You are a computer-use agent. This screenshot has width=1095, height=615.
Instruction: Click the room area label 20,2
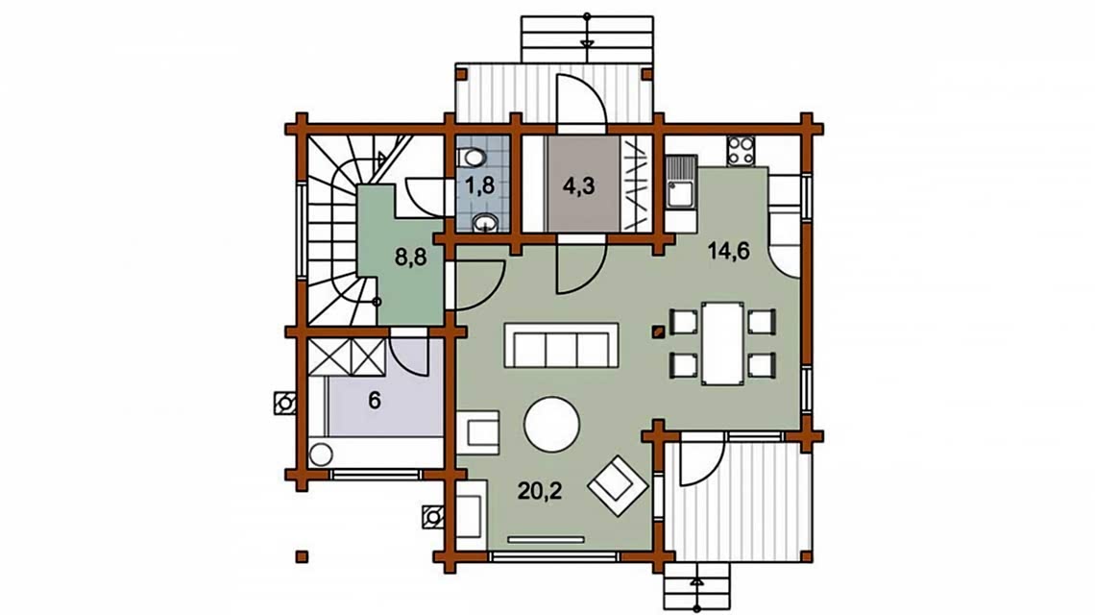pos(540,491)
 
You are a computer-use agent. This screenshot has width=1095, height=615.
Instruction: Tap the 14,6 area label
pos(729,250)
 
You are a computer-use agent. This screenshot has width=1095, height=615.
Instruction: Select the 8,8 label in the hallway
pos(411,258)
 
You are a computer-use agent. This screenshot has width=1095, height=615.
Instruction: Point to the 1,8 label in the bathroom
pos(480,185)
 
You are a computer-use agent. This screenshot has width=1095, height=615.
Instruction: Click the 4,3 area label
pos(579,186)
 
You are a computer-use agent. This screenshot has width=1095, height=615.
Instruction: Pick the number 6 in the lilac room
pos(375,401)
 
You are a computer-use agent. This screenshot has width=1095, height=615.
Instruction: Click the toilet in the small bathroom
pos(474,158)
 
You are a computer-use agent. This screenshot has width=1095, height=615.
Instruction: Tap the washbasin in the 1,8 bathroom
pos(484,223)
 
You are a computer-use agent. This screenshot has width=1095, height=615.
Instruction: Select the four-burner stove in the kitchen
pos(741,150)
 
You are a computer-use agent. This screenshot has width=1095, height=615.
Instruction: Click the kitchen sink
pos(679,184)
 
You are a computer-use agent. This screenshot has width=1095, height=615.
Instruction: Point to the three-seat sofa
pos(561,345)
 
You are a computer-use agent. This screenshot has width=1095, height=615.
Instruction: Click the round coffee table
pos(551,424)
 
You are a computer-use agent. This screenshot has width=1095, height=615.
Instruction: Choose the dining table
pos(722,343)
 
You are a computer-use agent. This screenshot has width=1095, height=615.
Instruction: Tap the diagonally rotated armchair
pos(619,485)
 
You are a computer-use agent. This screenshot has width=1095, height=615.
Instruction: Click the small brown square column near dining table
pos(657,332)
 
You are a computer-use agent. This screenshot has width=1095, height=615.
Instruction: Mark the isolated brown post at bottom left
pos(302,556)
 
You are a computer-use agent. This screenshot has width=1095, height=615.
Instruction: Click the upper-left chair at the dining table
pos(684,322)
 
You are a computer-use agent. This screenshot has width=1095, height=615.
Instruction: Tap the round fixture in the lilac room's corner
pos(321,455)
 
